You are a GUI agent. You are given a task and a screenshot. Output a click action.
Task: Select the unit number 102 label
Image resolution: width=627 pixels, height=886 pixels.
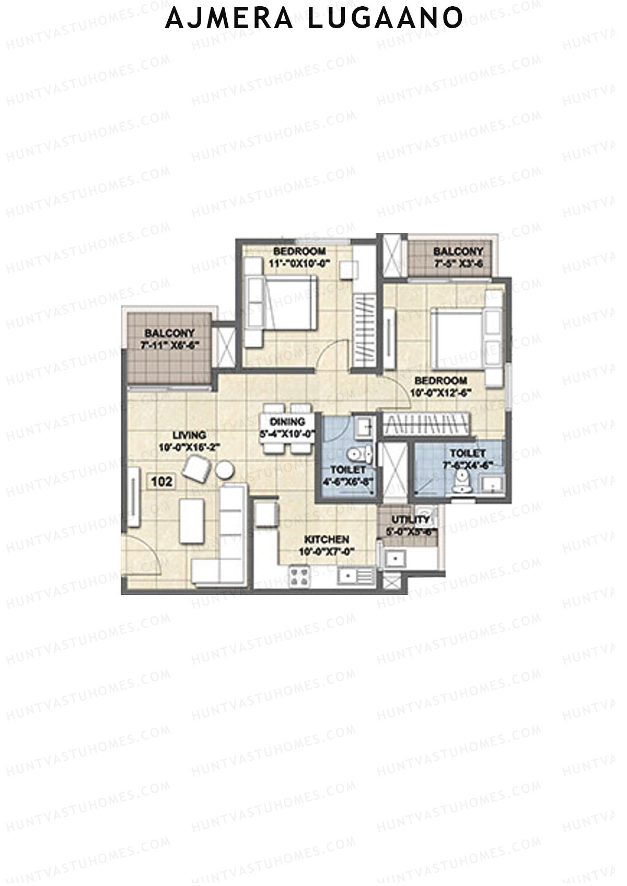pyautogui.click(x=161, y=481)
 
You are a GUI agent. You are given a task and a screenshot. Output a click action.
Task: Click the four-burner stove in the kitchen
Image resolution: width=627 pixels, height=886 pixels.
pyautogui.click(x=299, y=577)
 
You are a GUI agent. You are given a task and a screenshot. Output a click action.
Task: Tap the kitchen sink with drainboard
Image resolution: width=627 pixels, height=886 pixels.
pyautogui.click(x=355, y=576)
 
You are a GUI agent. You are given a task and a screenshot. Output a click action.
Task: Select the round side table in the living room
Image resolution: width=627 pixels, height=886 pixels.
pyautogui.click(x=225, y=470)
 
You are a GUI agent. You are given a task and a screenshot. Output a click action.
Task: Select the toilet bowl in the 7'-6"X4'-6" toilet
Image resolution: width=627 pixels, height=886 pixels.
pyautogui.click(x=461, y=481)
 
